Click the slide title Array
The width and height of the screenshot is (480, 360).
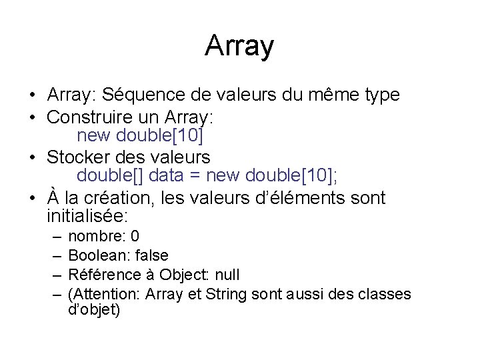pos(239,46)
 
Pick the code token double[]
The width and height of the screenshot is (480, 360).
pos(111,176)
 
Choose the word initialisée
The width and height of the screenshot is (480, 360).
pos(87,217)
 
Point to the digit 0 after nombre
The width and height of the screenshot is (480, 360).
pos(135,237)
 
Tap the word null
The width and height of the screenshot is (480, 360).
pos(225,275)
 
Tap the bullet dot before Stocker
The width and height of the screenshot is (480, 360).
pos(33,159)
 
